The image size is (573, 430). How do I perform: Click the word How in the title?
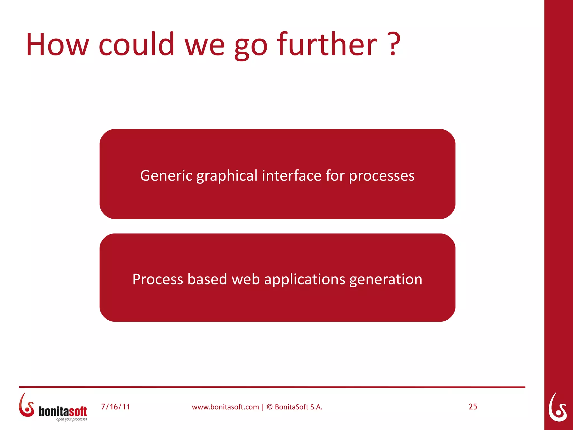(x=57, y=45)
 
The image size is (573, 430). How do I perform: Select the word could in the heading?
(x=137, y=45)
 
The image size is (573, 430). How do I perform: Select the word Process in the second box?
(x=158, y=279)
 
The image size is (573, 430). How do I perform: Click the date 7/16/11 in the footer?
(x=116, y=407)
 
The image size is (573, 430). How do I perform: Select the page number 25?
(x=473, y=407)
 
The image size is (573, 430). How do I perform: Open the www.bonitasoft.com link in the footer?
(x=225, y=407)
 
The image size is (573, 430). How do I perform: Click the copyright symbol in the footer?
(x=269, y=407)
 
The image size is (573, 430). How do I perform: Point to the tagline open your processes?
(x=71, y=419)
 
